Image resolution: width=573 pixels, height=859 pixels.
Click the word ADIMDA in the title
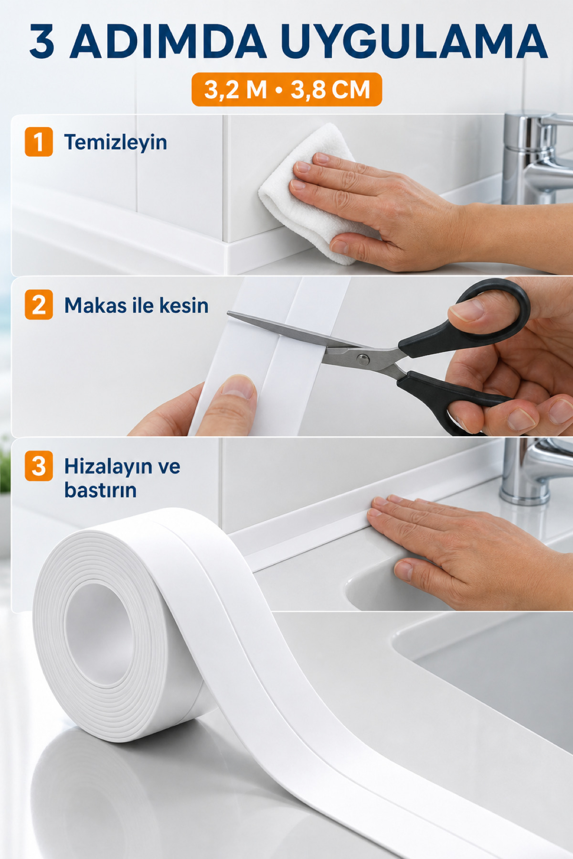[x=169, y=42]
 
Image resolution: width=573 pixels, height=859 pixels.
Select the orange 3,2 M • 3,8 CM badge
[x=286, y=89]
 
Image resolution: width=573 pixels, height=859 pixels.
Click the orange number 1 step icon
[x=39, y=142]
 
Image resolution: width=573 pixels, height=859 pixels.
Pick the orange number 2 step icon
[x=39, y=305]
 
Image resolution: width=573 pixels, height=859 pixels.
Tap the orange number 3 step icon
[x=39, y=466]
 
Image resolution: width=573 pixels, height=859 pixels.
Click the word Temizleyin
[x=116, y=142]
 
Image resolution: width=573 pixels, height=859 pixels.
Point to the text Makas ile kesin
[x=137, y=305]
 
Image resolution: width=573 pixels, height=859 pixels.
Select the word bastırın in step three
[x=100, y=490]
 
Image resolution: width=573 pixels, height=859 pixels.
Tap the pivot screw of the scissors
[x=363, y=359]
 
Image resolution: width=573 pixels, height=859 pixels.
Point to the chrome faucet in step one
[x=535, y=157]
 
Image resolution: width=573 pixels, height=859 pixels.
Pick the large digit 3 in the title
[x=42, y=42]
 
